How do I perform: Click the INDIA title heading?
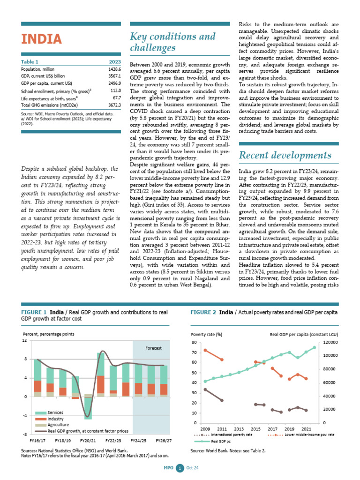[x=41, y=38]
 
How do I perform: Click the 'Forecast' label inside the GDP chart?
[x=153, y=349]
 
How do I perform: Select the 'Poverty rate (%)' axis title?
[x=206, y=334]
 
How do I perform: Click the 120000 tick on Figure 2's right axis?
[x=333, y=342]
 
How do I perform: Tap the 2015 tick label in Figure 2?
[x=255, y=429]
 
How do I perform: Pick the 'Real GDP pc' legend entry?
[x=219, y=441]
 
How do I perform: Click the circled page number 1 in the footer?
[x=179, y=468]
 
